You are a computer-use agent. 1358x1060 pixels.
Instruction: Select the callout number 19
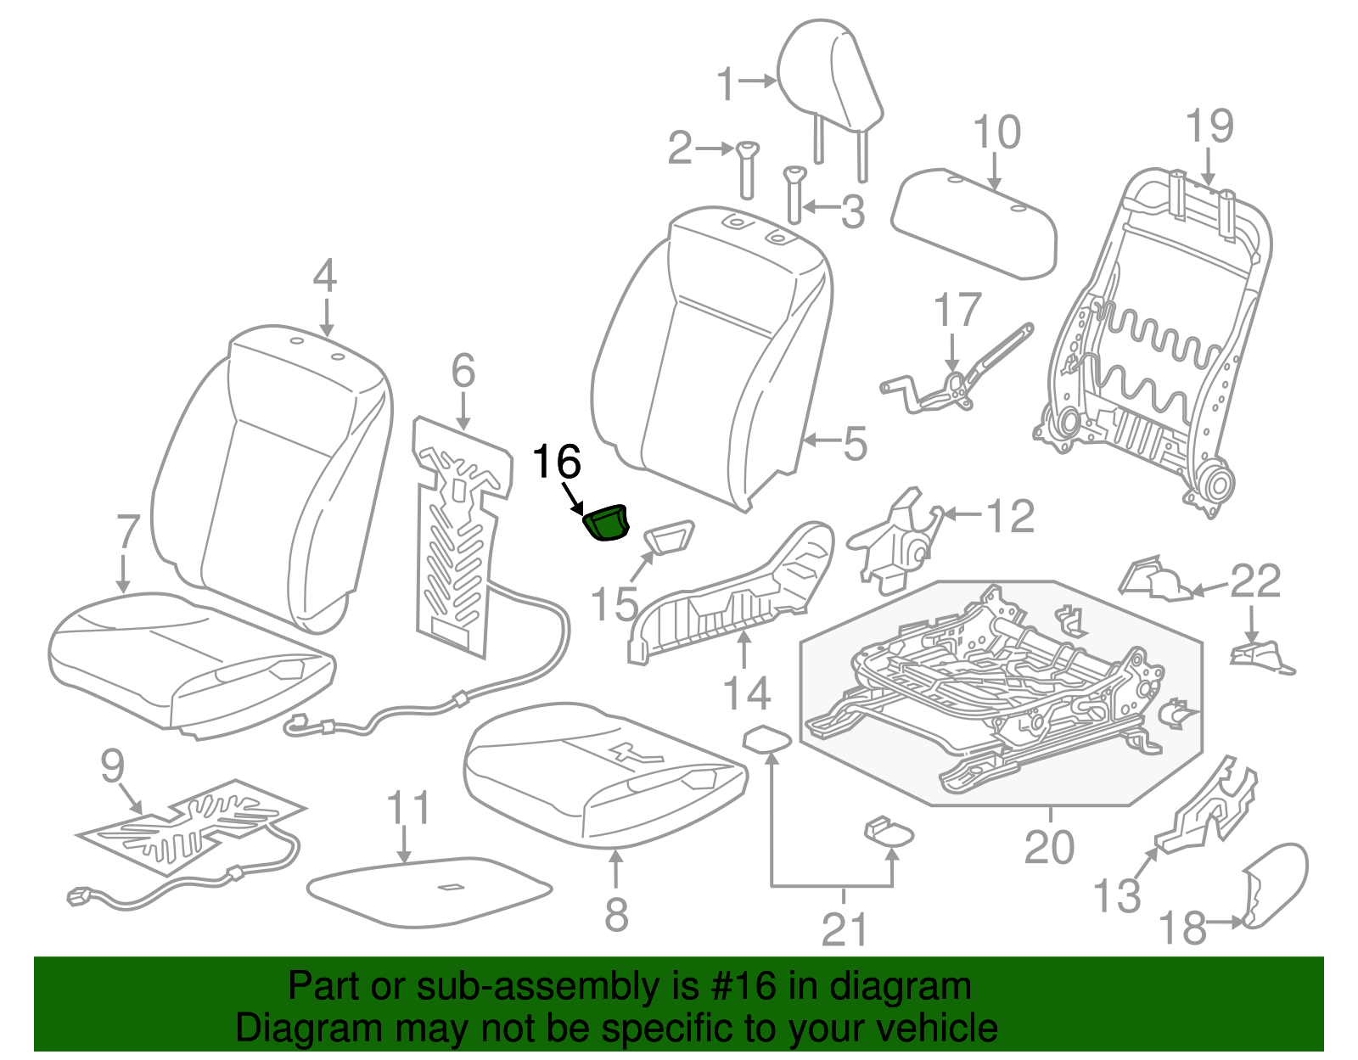click(x=1209, y=126)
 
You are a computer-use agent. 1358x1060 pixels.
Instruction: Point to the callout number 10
click(x=996, y=133)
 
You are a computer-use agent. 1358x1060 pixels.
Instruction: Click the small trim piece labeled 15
click(x=671, y=538)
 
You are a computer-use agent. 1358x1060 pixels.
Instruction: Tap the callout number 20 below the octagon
click(x=1049, y=847)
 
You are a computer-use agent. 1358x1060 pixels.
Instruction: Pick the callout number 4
click(x=324, y=277)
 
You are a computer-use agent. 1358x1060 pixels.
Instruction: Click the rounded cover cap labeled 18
click(x=1276, y=883)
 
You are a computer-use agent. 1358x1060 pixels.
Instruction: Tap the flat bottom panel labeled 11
click(x=429, y=890)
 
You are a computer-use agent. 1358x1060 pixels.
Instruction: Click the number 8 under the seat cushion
click(x=616, y=914)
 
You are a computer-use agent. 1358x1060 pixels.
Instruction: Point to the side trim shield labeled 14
click(x=730, y=594)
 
